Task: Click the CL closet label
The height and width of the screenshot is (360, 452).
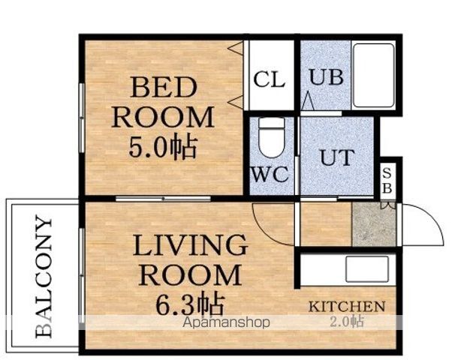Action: click(270, 79)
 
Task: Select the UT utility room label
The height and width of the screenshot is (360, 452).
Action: click(337, 157)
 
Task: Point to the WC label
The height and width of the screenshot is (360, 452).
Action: click(270, 174)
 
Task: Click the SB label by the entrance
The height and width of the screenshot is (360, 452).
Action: click(387, 181)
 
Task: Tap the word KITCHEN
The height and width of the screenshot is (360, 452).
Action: click(347, 307)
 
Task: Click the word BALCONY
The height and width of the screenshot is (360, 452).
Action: click(44, 277)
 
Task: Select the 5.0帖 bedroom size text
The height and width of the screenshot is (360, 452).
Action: click(163, 148)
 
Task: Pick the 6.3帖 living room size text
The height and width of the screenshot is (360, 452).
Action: click(190, 303)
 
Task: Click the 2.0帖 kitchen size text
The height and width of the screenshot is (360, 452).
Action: click(346, 322)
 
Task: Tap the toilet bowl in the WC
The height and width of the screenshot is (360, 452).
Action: click(272, 138)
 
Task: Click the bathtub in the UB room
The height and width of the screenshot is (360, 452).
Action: click(374, 75)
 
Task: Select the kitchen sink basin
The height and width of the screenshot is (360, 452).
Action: click(367, 269)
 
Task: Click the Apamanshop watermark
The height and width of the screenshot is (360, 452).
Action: click(227, 322)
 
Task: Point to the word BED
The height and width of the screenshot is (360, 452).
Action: click(164, 87)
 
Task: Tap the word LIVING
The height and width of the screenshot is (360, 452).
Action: click(190, 245)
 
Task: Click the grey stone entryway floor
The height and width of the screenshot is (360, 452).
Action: click(374, 225)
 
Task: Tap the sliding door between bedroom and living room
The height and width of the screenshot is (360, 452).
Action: click(163, 199)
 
